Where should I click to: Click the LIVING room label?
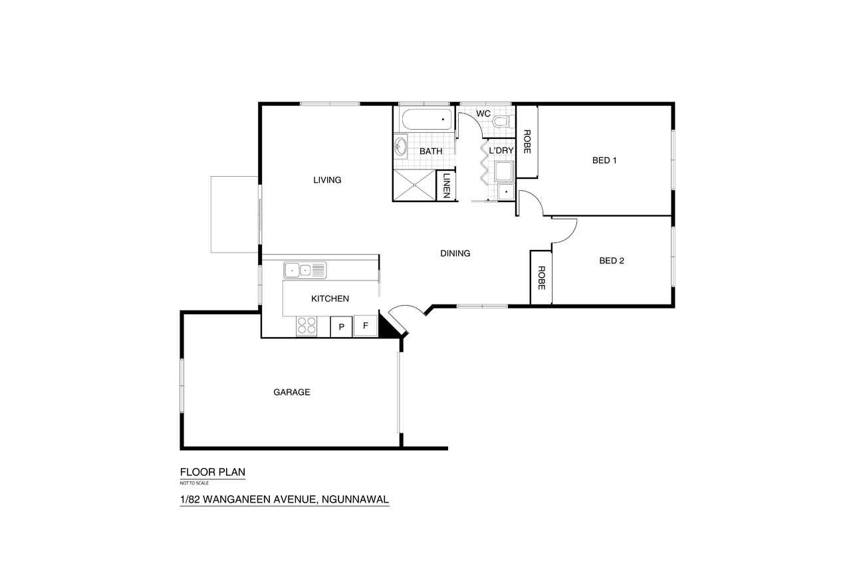[327, 180]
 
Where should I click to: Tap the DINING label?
[455, 253]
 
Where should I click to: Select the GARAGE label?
[292, 392]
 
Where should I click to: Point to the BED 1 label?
[604, 160]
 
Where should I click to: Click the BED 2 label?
[612, 261]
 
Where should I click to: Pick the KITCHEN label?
[330, 299]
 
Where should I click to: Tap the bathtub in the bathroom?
[427, 119]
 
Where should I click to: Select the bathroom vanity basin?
[400, 146]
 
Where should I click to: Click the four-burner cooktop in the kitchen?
[306, 326]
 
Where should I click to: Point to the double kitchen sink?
[304, 271]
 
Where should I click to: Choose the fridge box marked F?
[366, 326]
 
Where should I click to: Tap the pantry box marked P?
[341, 326]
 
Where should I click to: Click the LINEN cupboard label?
[447, 185]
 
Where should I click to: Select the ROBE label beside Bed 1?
[527, 142]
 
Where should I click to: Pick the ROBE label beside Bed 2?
[541, 278]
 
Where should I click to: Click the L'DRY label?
[501, 151]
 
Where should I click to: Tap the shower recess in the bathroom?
[414, 185]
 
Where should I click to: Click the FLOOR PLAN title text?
[212, 472]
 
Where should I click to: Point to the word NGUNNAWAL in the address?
[355, 499]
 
